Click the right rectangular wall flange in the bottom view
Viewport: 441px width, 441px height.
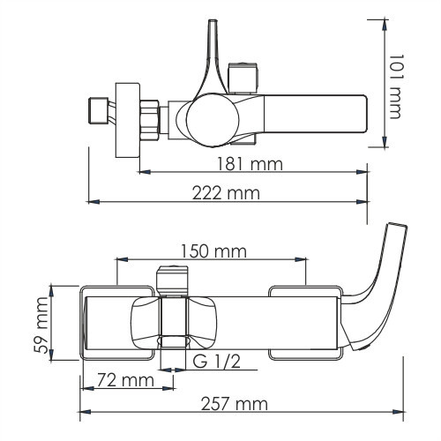(304, 322)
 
